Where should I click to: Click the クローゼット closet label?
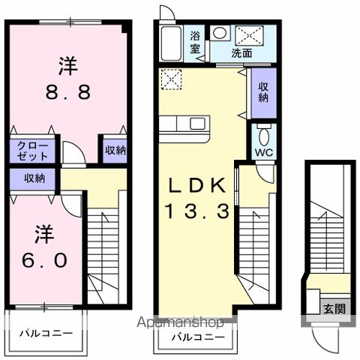[x=30, y=151]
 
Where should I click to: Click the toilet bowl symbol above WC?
[x=264, y=135]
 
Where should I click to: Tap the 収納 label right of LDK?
[x=264, y=91]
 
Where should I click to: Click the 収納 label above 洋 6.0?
[x=34, y=178]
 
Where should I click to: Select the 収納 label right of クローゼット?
[x=115, y=151]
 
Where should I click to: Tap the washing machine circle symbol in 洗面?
[x=220, y=33]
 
